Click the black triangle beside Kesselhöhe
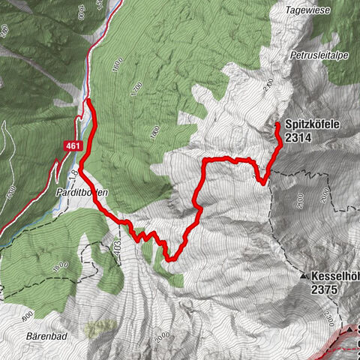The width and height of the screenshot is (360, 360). pos(304,277)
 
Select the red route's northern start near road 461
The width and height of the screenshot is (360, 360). pos(88,100)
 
